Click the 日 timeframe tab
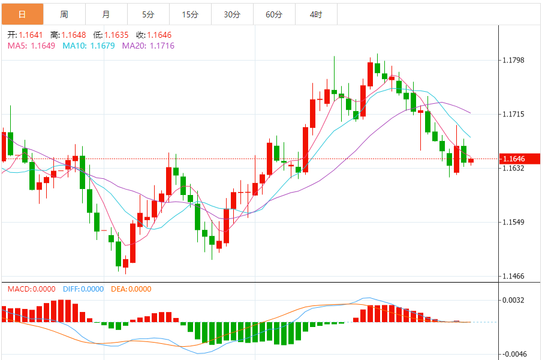click(x=22, y=14)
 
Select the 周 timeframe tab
click(x=64, y=14)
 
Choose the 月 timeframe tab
click(x=106, y=14)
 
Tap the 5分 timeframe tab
click(x=148, y=14)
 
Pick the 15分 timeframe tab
click(x=190, y=14)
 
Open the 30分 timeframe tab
click(x=232, y=14)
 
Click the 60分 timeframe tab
click(x=274, y=14)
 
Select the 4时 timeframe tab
click(x=316, y=14)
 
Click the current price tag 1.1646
click(x=514, y=159)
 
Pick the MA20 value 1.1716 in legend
click(x=161, y=46)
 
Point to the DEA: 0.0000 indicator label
click(x=131, y=289)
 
